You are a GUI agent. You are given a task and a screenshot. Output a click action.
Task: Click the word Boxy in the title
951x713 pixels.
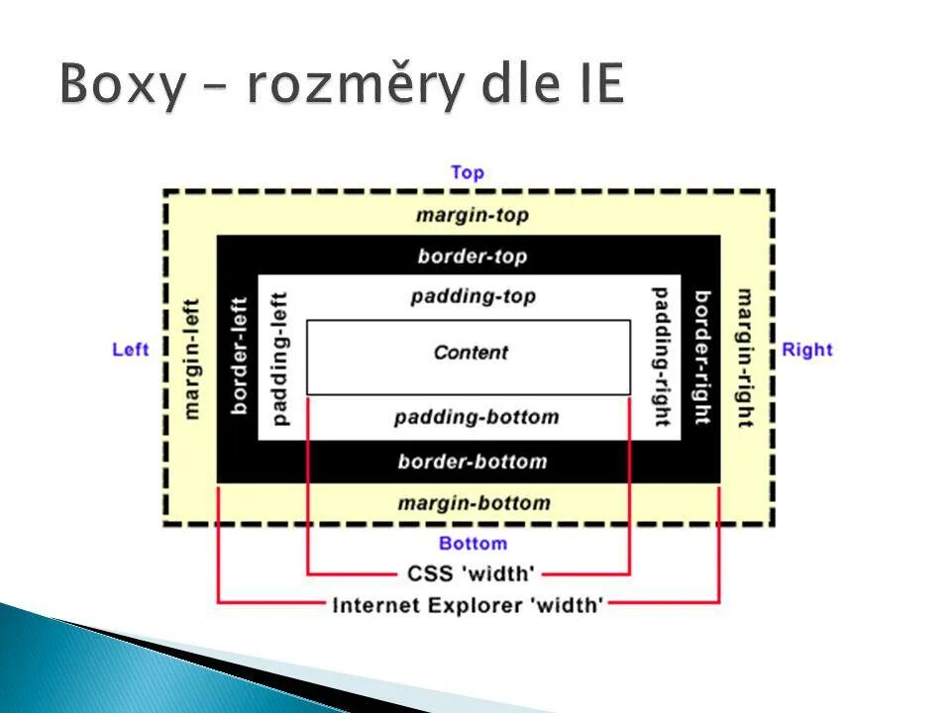pos(122,85)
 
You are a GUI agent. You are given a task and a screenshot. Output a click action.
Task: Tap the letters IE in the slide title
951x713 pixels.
pos(594,83)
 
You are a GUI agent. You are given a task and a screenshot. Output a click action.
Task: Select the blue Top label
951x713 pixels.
pos(467,172)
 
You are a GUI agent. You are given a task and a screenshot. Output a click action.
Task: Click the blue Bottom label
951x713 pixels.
pos(473,543)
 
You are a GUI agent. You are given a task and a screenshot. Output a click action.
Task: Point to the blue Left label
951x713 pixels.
pos(131,350)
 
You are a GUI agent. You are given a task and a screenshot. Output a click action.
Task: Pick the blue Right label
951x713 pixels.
pos(807,350)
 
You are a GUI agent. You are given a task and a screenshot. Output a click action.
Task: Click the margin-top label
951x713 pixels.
pos(473,215)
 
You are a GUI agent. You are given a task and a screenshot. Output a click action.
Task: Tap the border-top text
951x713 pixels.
pos(473,256)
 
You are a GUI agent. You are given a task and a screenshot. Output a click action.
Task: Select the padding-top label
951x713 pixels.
pos(473,296)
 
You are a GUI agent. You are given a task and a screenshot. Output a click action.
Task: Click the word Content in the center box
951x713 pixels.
pos(471,353)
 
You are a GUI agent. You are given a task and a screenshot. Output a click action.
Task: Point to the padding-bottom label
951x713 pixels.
pos(476,417)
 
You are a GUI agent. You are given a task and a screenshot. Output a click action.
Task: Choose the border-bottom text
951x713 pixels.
pos(473,461)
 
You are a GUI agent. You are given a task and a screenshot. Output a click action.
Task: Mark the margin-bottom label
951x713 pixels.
pos(474,503)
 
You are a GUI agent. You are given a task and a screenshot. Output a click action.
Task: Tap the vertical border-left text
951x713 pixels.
pos(238,356)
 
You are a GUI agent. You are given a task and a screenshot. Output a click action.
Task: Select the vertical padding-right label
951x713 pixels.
pos(660,356)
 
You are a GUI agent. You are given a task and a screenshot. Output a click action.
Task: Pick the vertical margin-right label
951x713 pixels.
pos(744,357)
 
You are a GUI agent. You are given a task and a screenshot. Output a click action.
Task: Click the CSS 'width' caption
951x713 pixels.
pos(471,573)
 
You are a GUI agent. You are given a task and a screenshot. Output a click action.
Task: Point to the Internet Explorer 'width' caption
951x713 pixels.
pos(469,604)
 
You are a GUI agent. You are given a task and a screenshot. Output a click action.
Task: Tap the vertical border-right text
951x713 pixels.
pos(702,356)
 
